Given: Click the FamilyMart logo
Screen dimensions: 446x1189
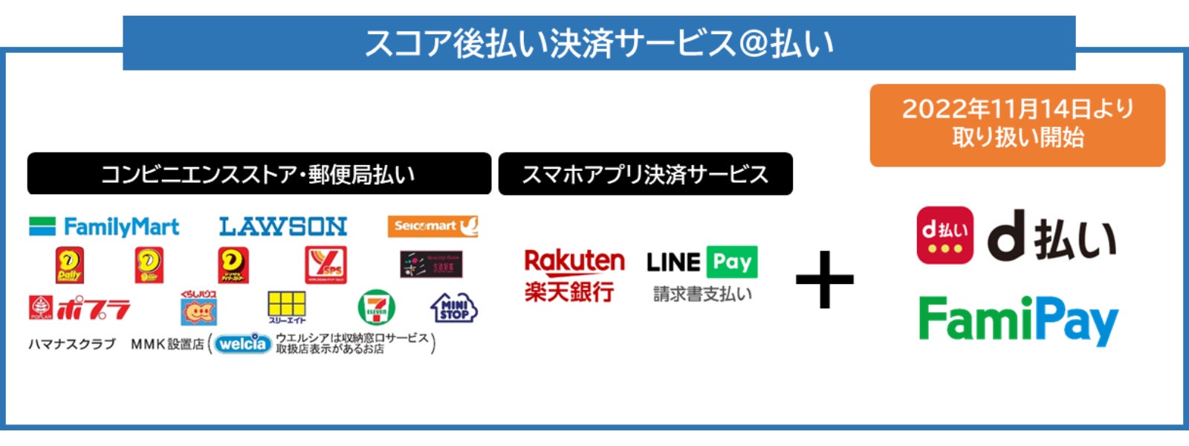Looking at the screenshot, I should coord(104,227).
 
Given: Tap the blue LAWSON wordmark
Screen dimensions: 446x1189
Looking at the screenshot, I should coord(283,227).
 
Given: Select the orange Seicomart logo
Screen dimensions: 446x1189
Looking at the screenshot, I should coord(432,226).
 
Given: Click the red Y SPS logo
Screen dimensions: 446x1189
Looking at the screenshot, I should coord(325,265).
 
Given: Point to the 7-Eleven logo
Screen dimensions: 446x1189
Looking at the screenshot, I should coord(376,308).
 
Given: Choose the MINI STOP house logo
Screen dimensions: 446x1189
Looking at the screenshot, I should coord(453,308).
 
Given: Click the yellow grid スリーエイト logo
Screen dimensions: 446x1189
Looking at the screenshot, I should coord(287,307).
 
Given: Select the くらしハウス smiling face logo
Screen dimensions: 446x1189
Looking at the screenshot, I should coord(198,308).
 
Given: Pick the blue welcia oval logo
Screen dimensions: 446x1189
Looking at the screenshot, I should coord(242,343).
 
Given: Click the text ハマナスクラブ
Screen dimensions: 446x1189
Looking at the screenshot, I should coord(72,344).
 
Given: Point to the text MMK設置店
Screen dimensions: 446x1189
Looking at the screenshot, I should coord(167,344).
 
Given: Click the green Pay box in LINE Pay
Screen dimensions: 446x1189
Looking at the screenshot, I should coord(732,262).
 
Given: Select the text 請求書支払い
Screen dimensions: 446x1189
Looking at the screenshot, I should coord(702,294).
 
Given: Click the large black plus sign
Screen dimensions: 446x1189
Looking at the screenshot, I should coord(824,279).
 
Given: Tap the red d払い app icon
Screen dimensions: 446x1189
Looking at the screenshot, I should coord(945,236).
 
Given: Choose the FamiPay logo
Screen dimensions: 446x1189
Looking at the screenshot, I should coord(1018,320).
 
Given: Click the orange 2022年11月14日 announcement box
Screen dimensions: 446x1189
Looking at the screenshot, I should coord(1017,125).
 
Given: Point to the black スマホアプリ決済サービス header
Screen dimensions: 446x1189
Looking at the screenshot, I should coord(645,175).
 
